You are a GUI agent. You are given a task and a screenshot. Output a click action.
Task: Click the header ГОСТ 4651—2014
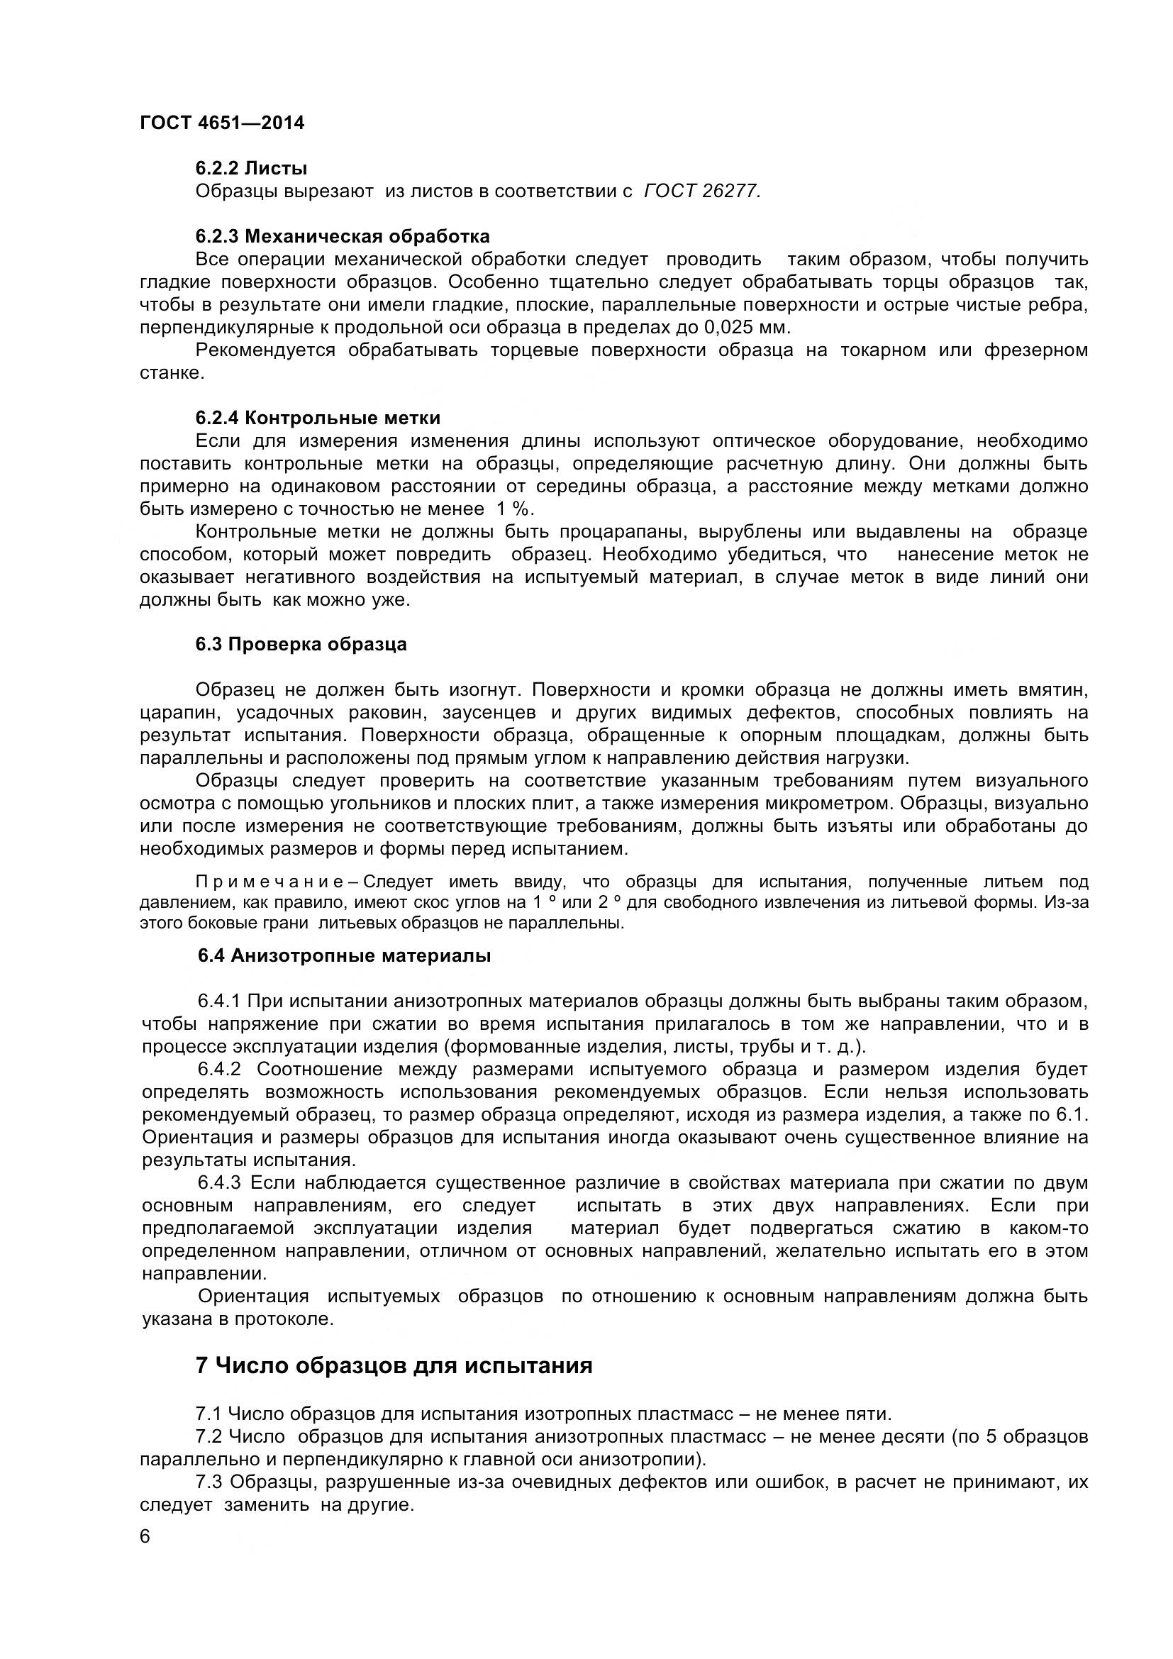[222, 123]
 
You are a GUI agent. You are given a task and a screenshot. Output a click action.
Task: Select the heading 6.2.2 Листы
[251, 168]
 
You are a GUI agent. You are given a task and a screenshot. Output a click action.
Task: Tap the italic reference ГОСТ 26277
[701, 192]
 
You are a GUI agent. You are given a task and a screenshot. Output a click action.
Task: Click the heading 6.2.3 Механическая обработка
[343, 236]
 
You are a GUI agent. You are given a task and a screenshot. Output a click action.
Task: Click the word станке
[171, 373]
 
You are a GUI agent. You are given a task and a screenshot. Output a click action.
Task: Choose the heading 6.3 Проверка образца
[301, 644]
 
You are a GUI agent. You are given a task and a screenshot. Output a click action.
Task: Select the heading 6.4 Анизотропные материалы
[345, 955]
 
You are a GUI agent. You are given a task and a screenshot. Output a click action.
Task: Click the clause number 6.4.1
[219, 1001]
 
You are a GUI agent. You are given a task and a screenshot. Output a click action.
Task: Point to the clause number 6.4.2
[219, 1070]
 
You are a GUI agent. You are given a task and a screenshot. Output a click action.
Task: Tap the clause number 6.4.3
[219, 1183]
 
